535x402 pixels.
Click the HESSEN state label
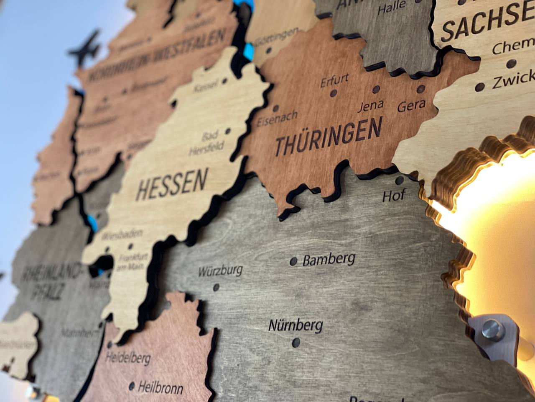click(x=172, y=185)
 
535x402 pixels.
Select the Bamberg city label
click(x=329, y=259)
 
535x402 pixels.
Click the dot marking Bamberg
click(x=293, y=262)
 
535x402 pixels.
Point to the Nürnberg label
click(x=296, y=325)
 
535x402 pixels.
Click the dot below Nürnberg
click(x=296, y=342)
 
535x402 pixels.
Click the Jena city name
click(x=371, y=106)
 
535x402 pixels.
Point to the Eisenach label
click(x=277, y=119)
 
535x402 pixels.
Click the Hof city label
click(x=393, y=196)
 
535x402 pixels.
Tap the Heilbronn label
click(x=160, y=387)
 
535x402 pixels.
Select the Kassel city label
click(x=206, y=86)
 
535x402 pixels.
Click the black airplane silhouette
click(x=86, y=49)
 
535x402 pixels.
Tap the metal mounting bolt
click(x=491, y=329)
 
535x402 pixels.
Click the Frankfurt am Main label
click(x=133, y=261)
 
